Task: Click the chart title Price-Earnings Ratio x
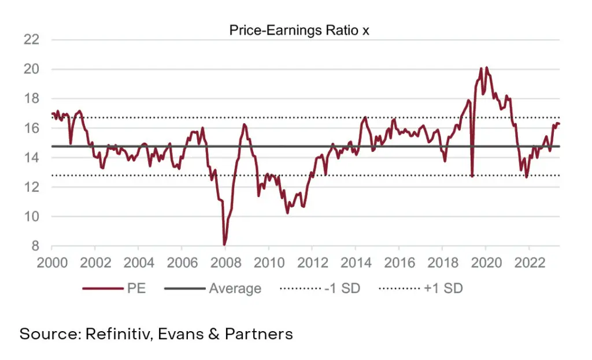[x=299, y=31]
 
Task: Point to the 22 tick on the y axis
[x=31, y=40]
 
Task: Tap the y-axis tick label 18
[x=31, y=99]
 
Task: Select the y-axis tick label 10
[x=31, y=217]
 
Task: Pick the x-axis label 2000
[x=52, y=263]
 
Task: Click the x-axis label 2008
[x=225, y=263]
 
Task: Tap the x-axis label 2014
[x=355, y=263]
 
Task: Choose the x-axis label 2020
[x=486, y=263]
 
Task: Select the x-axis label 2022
[x=529, y=263]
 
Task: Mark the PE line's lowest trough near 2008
[x=224, y=244]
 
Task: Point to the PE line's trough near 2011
[x=287, y=213]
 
